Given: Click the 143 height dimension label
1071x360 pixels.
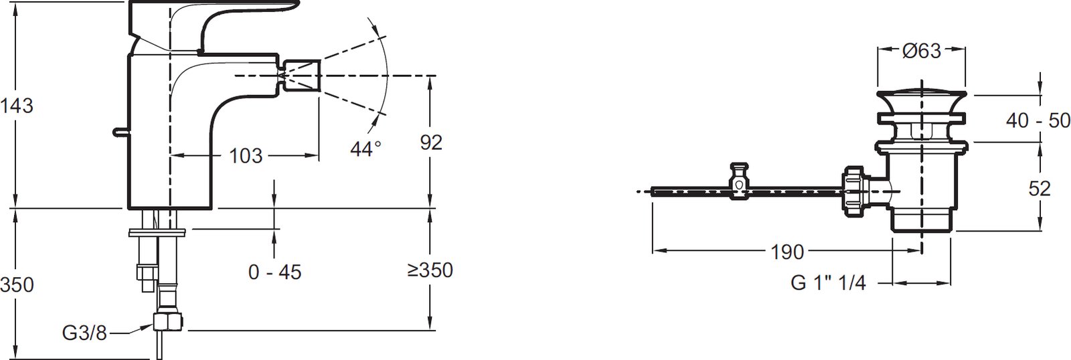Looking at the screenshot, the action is click(x=17, y=106).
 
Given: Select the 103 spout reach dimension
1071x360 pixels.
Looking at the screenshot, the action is click(x=246, y=156).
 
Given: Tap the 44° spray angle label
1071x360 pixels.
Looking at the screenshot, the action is click(x=365, y=149).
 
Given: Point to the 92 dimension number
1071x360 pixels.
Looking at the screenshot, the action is click(x=431, y=143).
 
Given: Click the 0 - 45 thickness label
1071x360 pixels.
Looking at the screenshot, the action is click(x=275, y=272).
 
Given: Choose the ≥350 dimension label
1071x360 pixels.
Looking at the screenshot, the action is click(x=430, y=270).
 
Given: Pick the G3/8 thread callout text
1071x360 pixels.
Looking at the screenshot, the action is click(x=84, y=333).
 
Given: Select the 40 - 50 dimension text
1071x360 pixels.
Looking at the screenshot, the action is click(x=1038, y=120).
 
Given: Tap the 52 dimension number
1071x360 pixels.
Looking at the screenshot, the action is click(x=1040, y=189).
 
